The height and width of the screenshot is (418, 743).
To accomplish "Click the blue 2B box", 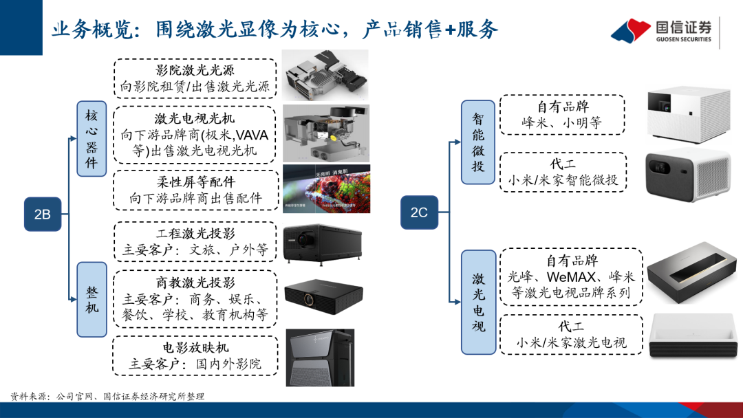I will tap(43, 214).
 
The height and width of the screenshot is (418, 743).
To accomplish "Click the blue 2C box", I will tap(419, 212).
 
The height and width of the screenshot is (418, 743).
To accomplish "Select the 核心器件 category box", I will tap(91, 137).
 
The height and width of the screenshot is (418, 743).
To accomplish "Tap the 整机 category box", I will tap(91, 299).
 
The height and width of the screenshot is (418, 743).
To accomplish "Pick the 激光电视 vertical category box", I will tap(478, 302).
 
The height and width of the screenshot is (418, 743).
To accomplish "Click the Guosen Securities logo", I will tap(663, 31).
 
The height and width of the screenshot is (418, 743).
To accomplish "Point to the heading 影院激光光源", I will tap(195, 70).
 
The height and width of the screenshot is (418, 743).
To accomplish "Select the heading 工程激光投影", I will tap(195, 234).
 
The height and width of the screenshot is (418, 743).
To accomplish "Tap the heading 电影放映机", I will tap(195, 348).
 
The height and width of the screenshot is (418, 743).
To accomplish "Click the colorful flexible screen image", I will tap(326, 188).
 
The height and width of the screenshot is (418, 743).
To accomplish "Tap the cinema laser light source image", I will tap(325, 74).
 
